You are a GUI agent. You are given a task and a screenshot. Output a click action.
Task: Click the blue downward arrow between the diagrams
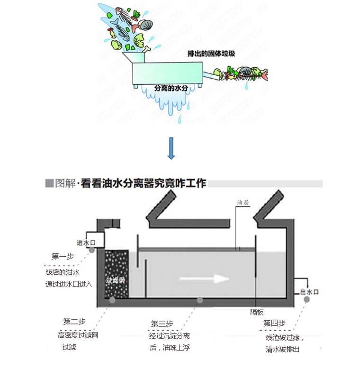[x=171, y=148]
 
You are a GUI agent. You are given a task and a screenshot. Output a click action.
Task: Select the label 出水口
[x=309, y=292]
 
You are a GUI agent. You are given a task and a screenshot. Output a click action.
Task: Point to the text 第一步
[x=63, y=256]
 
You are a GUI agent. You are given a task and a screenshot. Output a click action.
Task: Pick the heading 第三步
[x=162, y=324]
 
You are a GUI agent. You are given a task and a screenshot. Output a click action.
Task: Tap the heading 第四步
[x=274, y=323]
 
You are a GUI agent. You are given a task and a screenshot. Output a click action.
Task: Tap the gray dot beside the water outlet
[x=307, y=299]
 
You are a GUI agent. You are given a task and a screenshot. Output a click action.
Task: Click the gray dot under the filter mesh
[x=112, y=300]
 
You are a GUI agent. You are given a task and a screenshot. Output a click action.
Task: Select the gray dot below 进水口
[x=91, y=249]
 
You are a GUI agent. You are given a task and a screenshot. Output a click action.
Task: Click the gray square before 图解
[x=49, y=183]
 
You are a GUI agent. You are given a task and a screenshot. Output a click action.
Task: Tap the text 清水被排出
[x=283, y=350]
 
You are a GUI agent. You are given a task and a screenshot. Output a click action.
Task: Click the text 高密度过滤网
[x=78, y=335]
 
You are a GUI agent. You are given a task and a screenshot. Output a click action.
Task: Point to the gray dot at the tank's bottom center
[x=200, y=300]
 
